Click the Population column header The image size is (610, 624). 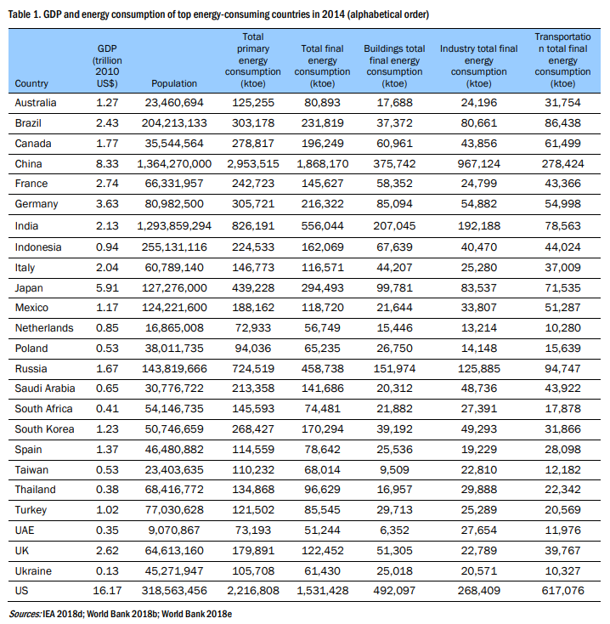point(174,83)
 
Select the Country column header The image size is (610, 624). point(31,83)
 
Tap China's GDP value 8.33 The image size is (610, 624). point(107,164)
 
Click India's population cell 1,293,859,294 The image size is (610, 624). point(174,226)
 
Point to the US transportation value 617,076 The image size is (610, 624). point(562,591)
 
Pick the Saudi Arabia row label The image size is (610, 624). point(45,389)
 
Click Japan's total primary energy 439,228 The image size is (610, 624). point(253,288)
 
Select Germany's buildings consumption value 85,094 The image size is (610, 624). point(394,204)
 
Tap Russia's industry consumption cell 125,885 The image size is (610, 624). point(479,369)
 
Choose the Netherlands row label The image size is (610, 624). point(44,328)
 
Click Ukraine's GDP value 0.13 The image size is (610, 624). point(107,571)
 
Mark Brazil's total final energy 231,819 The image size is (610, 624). point(323,123)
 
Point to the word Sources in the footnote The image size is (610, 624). point(25,614)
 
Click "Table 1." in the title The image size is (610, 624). point(25,14)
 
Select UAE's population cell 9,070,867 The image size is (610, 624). point(174,530)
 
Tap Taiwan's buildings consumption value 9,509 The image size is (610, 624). point(394,470)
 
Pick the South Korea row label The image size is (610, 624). point(44,429)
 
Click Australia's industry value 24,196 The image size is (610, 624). point(479,103)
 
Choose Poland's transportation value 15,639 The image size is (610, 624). point(562,349)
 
